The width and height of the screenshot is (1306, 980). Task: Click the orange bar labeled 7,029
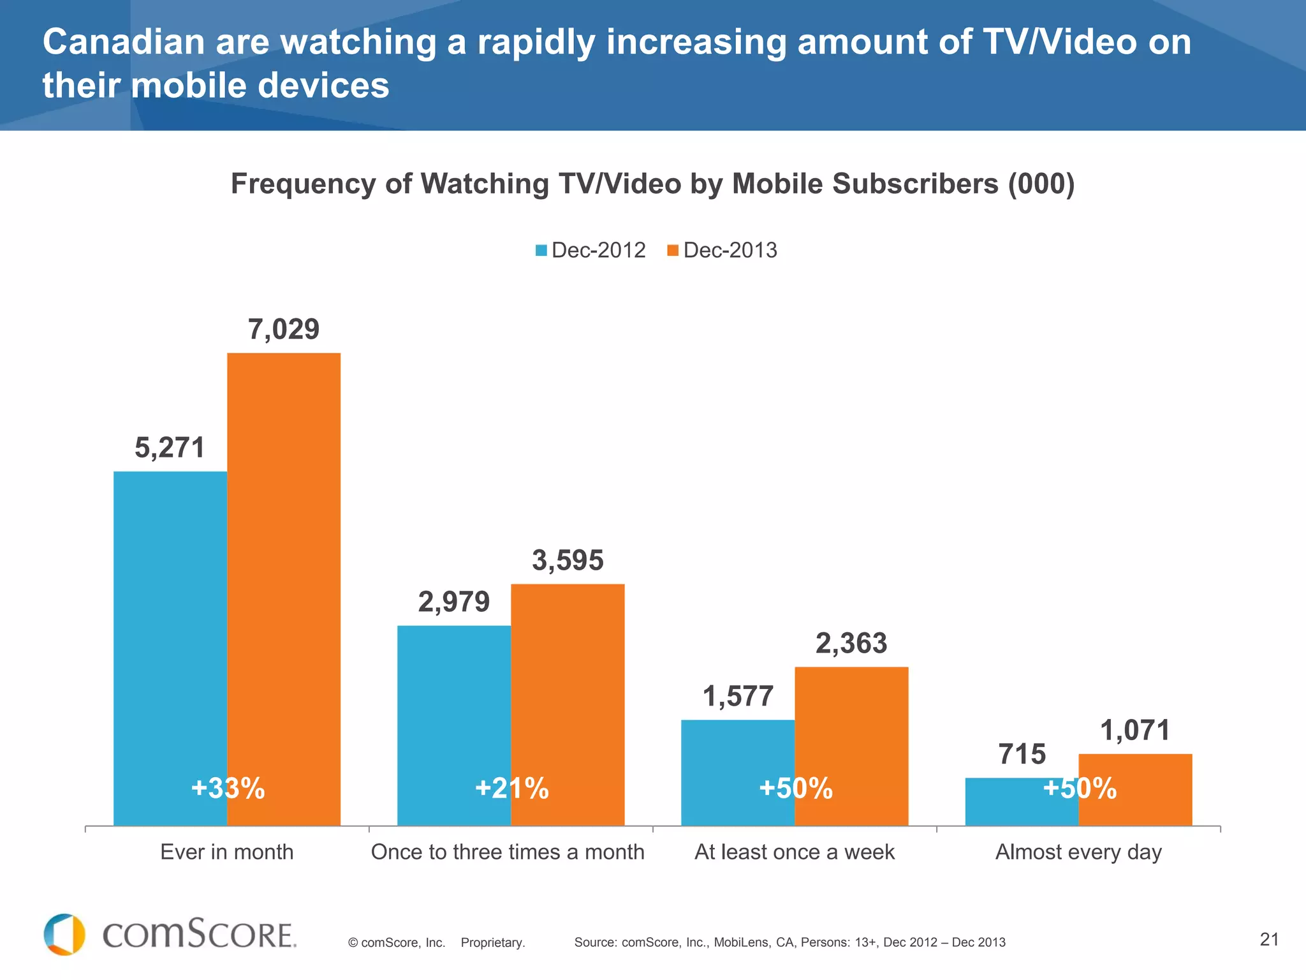click(x=284, y=574)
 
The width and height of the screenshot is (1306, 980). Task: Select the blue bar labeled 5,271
click(x=170, y=638)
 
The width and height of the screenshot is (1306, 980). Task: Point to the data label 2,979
click(x=454, y=602)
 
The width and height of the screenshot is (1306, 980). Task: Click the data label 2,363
click(x=851, y=644)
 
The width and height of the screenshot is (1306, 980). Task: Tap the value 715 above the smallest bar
click(x=1022, y=755)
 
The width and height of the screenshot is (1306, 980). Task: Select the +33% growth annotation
click(x=228, y=789)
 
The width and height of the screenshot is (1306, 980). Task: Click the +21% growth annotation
click(x=511, y=789)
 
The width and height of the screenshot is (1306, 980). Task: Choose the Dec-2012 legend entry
click(x=591, y=250)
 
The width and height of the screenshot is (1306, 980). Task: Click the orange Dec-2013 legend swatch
click(x=672, y=250)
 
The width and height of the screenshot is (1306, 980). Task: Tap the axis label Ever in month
click(x=226, y=852)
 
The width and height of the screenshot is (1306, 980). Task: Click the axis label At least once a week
click(x=795, y=852)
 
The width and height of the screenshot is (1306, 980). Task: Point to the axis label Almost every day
click(x=1078, y=852)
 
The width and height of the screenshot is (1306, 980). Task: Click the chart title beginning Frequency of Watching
click(x=652, y=184)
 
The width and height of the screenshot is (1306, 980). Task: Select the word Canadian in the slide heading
click(x=123, y=43)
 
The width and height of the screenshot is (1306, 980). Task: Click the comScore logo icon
click(x=64, y=935)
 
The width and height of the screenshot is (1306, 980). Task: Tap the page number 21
click(x=1269, y=939)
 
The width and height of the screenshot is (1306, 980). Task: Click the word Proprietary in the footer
click(x=492, y=943)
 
